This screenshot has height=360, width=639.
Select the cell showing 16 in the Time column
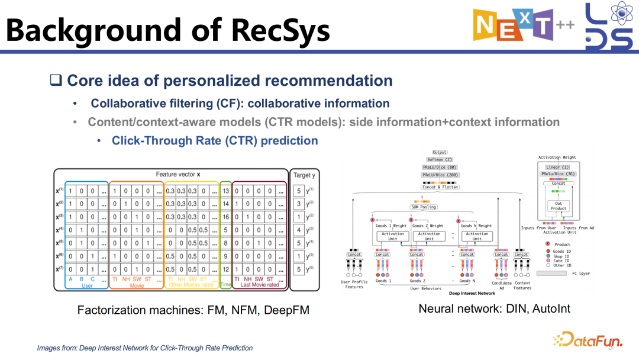pyautogui.click(x=225, y=217)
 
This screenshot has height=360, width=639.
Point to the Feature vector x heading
pyautogui.click(x=178, y=175)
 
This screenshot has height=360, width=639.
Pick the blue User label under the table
pyautogui.click(x=87, y=285)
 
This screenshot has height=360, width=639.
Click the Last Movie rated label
pyautogui.click(x=260, y=285)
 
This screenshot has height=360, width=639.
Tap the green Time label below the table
pyautogui.click(x=225, y=285)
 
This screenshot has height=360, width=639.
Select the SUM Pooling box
pyautogui.click(x=423, y=207)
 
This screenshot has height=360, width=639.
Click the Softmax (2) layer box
pyautogui.click(x=439, y=160)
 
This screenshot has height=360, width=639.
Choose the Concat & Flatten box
pyautogui.click(x=440, y=187)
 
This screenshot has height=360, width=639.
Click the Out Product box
pyautogui.click(x=558, y=205)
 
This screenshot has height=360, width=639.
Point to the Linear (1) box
pyautogui.click(x=557, y=167)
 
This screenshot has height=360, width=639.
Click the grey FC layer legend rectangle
pyautogui.click(x=553, y=273)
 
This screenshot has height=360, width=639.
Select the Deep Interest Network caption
pyautogui.click(x=472, y=293)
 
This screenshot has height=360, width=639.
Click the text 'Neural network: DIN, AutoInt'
pyautogui.click(x=494, y=308)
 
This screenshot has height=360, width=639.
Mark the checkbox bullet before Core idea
pyautogui.click(x=56, y=81)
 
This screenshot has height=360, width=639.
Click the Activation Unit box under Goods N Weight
pyautogui.click(x=477, y=236)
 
